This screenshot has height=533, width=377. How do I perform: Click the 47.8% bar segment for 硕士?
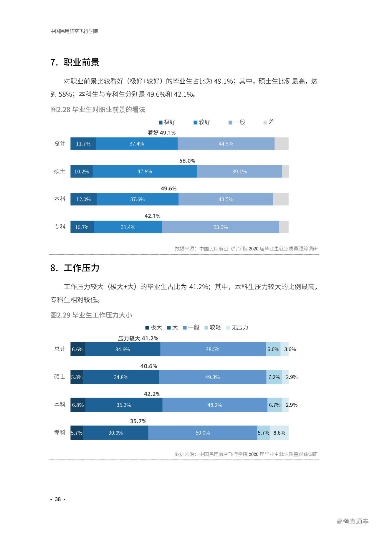[x=145, y=171]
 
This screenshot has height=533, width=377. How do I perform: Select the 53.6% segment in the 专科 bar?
[x=221, y=227]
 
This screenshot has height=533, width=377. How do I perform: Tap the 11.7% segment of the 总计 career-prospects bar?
[x=83, y=144]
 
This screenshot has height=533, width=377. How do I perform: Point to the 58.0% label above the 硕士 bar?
[x=187, y=161]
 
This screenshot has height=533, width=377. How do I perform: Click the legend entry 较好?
[x=202, y=122]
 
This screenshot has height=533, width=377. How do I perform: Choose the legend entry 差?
[x=269, y=122]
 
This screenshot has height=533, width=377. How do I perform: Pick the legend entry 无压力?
[x=237, y=327]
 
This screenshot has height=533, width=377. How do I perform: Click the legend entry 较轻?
[x=213, y=327]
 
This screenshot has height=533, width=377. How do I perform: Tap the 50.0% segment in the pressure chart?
[x=203, y=433]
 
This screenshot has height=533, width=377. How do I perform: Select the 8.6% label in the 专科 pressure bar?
[x=279, y=433]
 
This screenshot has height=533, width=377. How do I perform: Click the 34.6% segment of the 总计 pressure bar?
[x=123, y=350]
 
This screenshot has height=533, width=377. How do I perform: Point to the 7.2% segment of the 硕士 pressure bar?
[x=274, y=377]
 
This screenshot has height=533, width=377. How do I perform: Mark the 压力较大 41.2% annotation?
[x=138, y=338]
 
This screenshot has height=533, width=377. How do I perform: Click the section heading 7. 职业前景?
[x=75, y=62]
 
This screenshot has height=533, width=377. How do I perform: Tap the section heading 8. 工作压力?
[x=75, y=268]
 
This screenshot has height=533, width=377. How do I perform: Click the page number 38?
[x=58, y=499]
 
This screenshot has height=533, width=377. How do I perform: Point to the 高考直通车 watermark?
[x=352, y=522]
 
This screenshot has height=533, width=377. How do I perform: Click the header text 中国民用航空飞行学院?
[x=74, y=31]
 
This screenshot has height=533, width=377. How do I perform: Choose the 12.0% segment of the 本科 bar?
[x=83, y=199]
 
